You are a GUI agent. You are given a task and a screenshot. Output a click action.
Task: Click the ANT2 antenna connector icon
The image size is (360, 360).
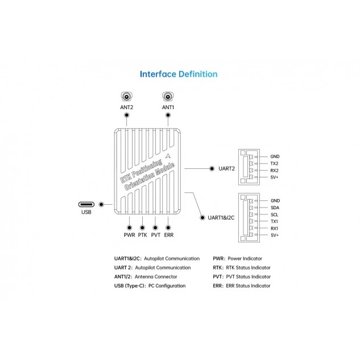(126, 97)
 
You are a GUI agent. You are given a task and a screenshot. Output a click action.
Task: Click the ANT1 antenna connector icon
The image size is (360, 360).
(168, 97)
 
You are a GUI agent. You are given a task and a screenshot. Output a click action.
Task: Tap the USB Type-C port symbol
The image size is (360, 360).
(86, 204)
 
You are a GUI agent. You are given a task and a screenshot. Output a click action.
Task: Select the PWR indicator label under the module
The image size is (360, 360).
(129, 235)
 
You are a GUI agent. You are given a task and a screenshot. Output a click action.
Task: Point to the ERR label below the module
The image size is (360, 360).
(169, 235)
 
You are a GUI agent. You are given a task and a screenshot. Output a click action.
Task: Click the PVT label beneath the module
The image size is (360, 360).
(156, 235)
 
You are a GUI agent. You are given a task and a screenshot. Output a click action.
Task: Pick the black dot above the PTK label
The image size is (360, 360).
(142, 227)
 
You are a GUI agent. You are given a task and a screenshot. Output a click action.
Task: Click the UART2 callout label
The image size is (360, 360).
(226, 168)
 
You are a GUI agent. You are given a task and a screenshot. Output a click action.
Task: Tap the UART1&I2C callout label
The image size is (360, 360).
(221, 218)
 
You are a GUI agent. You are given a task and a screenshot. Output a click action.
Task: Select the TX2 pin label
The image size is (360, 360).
(274, 163)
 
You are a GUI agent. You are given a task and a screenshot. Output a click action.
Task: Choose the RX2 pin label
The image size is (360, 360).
(274, 171)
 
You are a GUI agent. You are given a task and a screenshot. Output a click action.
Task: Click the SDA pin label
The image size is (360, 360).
(275, 208)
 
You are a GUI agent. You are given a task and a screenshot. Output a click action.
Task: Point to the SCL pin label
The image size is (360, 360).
(274, 214)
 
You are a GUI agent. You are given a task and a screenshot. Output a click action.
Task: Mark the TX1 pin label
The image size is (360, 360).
(274, 221)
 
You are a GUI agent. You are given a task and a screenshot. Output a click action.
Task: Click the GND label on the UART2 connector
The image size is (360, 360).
(275, 156)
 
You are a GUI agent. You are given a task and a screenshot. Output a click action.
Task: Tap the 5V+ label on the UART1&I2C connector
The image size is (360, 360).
(275, 235)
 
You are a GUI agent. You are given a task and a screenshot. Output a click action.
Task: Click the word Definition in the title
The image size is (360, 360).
(198, 74)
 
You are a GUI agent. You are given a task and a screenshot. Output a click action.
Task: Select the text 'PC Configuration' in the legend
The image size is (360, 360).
(167, 286)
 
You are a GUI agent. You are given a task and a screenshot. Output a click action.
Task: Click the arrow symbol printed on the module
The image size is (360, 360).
(168, 156)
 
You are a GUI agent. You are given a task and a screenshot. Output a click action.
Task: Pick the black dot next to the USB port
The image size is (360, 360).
(101, 204)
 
